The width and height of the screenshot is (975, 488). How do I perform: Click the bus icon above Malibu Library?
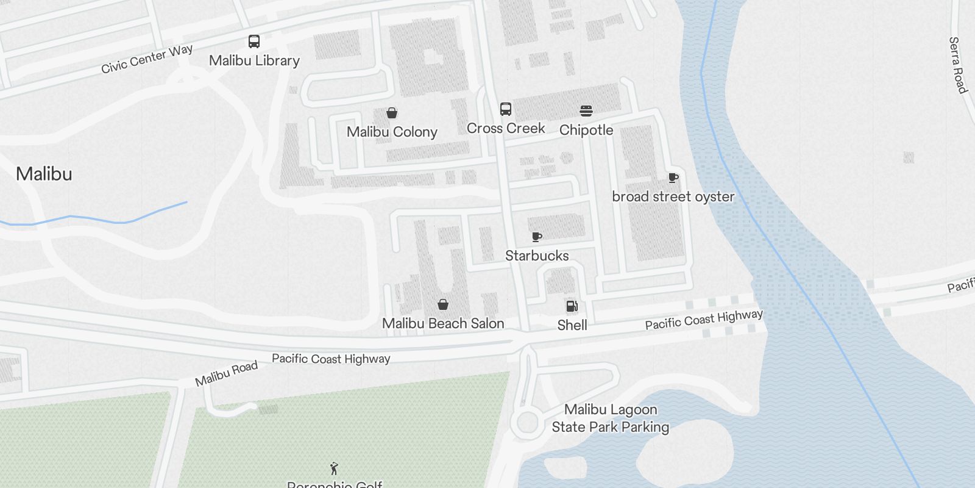[x=254, y=41]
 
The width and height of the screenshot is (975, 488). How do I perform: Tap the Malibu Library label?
[x=254, y=60]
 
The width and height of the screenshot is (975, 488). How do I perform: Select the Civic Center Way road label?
[x=147, y=59]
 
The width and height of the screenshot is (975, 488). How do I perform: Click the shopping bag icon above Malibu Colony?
[x=392, y=113]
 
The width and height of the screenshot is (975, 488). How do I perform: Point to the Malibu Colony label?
[x=392, y=132]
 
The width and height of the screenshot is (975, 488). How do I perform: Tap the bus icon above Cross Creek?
[x=506, y=109]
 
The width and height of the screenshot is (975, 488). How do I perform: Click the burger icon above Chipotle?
[x=586, y=111]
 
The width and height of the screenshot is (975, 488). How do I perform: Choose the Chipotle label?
[x=586, y=130]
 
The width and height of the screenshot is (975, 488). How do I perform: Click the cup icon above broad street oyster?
[x=673, y=178]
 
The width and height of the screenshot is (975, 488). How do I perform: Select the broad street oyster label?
[x=673, y=196]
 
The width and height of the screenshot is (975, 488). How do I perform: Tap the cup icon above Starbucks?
[x=536, y=237]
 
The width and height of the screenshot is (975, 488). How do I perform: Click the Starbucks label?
[x=537, y=256]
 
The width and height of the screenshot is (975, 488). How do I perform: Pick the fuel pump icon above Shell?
[x=572, y=306]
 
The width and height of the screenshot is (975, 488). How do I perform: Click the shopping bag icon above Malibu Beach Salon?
[x=443, y=304]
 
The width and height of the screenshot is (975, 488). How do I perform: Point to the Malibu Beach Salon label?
[x=443, y=323]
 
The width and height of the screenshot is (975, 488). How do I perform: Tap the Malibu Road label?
[x=226, y=373]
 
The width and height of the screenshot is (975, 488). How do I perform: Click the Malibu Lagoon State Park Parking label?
[x=611, y=418]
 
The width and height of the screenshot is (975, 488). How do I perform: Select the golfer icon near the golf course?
[x=334, y=468]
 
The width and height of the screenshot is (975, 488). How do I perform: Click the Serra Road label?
[x=957, y=65]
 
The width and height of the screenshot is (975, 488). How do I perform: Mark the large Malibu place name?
[x=44, y=174]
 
